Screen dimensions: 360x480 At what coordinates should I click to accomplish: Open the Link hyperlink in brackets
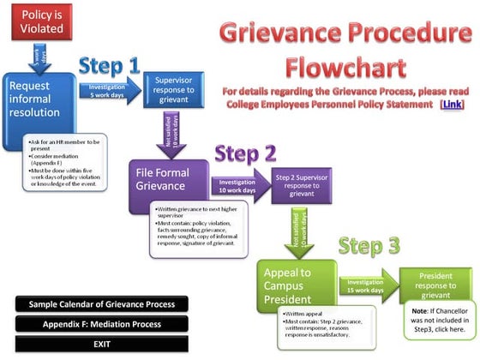(450, 104)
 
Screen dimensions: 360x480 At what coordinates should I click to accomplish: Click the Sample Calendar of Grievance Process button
(102, 304)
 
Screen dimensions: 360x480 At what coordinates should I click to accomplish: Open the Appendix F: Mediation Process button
(102, 324)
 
